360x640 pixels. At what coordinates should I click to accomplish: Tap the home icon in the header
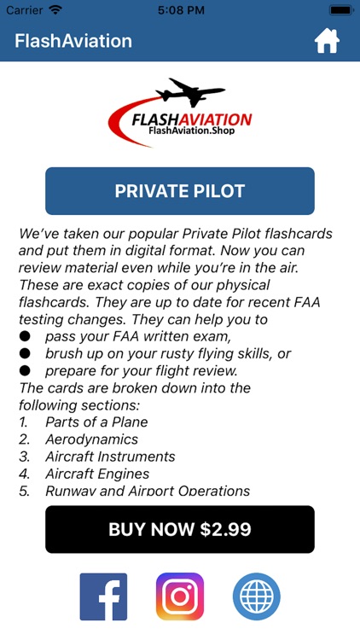pyautogui.click(x=328, y=41)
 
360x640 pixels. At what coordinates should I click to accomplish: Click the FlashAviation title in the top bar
pyautogui.click(x=73, y=41)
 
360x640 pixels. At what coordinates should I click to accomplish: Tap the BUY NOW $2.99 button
pyautogui.click(x=180, y=529)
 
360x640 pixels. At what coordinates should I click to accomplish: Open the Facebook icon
pyautogui.click(x=103, y=596)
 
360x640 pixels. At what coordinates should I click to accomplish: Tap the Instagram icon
pyautogui.click(x=180, y=596)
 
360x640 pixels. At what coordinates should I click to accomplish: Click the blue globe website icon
pyautogui.click(x=257, y=596)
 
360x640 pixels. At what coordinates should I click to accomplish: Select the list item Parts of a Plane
pyautogui.click(x=96, y=422)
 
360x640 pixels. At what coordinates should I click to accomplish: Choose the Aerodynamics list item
pyautogui.click(x=91, y=439)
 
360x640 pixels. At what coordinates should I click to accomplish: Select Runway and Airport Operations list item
pyautogui.click(x=148, y=491)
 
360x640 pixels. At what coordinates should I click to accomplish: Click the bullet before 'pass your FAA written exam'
pyautogui.click(x=26, y=337)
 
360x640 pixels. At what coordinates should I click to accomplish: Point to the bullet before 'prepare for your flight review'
pyautogui.click(x=26, y=371)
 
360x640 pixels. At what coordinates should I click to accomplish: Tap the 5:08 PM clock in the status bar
pyautogui.click(x=180, y=9)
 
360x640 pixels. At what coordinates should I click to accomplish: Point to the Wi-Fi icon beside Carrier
pyautogui.click(x=55, y=9)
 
